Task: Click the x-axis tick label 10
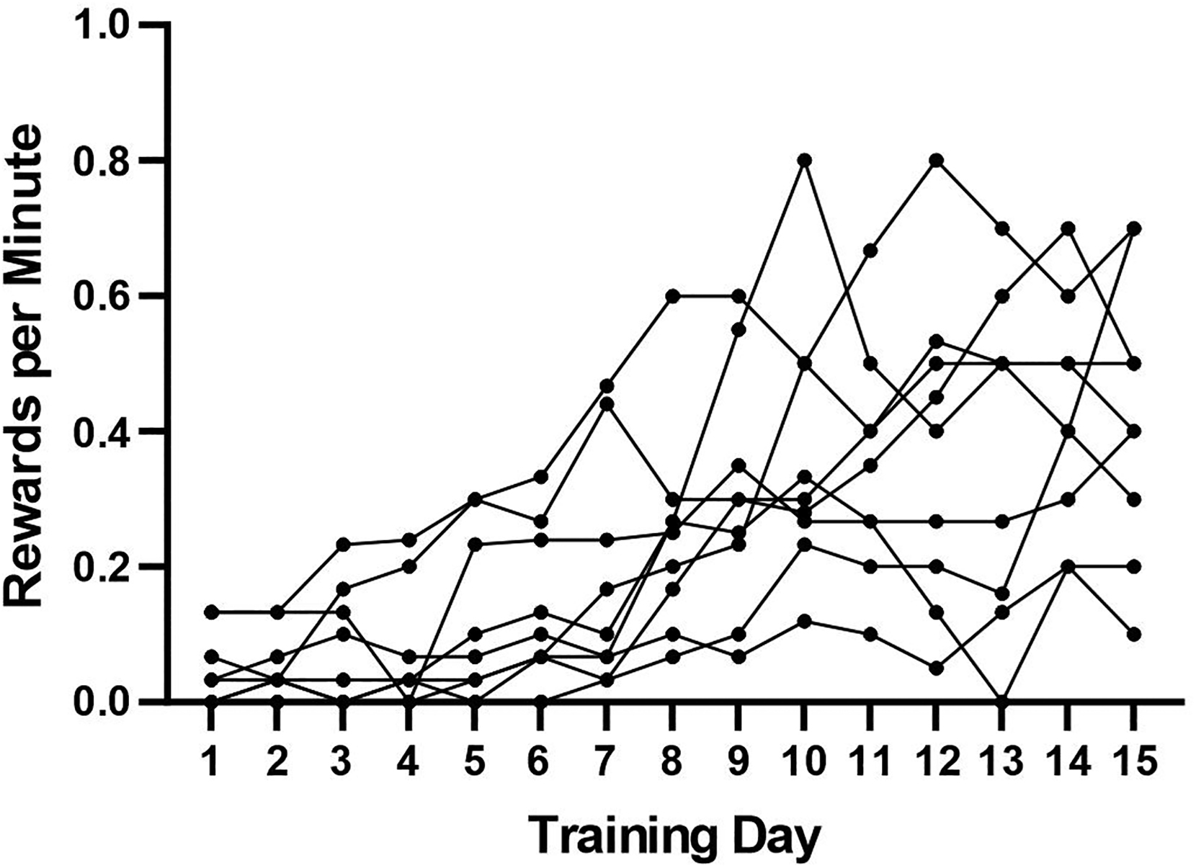pyautogui.click(x=804, y=761)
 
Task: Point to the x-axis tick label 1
pyautogui.click(x=210, y=761)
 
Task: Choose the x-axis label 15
pyautogui.click(x=1134, y=761)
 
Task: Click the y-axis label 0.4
pyautogui.click(x=106, y=431)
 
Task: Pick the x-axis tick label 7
pyautogui.click(x=606, y=761)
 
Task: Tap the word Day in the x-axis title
pyautogui.click(x=777, y=836)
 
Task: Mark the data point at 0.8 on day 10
pyautogui.click(x=805, y=160)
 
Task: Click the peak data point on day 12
pyautogui.click(x=937, y=160)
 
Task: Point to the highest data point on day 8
pyautogui.click(x=672, y=296)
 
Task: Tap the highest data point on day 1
pyautogui.click(x=210, y=612)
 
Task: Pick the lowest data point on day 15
pyautogui.click(x=1134, y=634)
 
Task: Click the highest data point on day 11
pyautogui.click(x=870, y=251)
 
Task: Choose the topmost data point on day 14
pyautogui.click(x=1068, y=228)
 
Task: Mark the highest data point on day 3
pyautogui.click(x=343, y=544)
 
